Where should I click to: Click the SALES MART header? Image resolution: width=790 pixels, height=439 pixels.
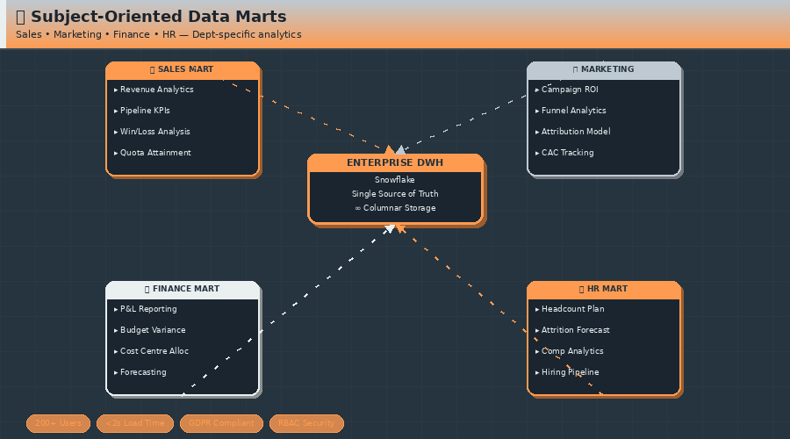point(182,69)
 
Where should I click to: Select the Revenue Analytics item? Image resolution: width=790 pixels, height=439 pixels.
point(156,90)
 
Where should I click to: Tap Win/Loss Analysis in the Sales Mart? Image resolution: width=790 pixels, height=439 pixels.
point(154,132)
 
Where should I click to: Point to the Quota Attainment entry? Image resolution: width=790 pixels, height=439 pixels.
point(154,153)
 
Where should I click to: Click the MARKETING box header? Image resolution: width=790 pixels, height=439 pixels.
point(603,69)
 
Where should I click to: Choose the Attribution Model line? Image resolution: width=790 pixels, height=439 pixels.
point(575,132)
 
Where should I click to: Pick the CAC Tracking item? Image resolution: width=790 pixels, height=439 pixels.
point(567,153)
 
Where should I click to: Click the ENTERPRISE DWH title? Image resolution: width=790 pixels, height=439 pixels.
point(395,162)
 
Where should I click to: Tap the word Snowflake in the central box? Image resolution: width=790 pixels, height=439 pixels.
point(395,180)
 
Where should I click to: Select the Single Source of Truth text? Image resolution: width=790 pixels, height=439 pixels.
point(395,194)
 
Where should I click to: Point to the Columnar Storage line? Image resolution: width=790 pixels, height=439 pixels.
point(395,208)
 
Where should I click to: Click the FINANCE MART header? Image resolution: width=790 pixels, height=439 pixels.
point(182,289)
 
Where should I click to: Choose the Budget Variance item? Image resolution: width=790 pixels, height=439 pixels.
point(152,330)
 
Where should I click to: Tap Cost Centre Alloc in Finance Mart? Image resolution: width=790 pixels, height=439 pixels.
point(154,351)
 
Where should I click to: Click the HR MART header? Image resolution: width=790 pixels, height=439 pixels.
point(603,289)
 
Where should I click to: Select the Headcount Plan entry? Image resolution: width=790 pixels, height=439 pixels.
point(572,309)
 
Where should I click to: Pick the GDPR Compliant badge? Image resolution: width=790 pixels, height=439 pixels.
point(221,423)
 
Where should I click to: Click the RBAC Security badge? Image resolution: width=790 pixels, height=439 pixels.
point(306,423)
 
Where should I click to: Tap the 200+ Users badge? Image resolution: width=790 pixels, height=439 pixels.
point(58,423)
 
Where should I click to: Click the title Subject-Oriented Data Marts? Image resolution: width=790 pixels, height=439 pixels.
point(158,17)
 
